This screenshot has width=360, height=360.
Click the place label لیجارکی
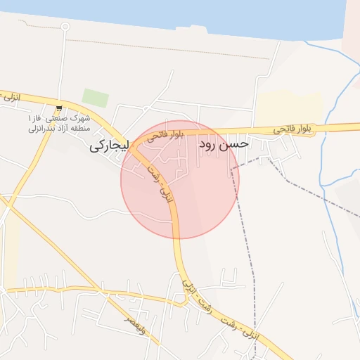point(108,148)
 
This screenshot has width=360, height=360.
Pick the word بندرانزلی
point(40,129)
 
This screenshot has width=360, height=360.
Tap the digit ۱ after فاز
point(29,118)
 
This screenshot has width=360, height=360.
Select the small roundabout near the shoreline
point(65,27)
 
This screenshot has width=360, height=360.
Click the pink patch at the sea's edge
point(351,28)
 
